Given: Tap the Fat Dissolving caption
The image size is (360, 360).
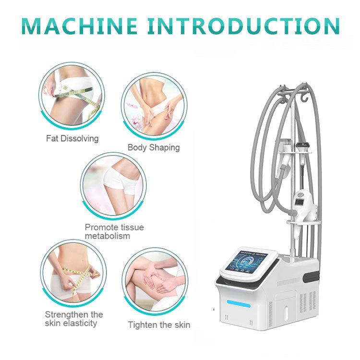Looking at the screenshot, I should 72,139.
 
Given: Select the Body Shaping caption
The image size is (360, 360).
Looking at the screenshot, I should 154,147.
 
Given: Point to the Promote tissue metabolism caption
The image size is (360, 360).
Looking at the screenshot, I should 114,231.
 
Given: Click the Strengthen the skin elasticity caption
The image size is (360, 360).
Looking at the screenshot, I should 74,319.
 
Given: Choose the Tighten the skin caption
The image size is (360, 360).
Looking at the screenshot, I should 159,325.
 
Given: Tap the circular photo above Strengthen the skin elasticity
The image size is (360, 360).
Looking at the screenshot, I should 72,274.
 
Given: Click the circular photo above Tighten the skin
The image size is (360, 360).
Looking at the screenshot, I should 154,281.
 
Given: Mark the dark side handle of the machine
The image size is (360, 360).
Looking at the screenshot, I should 314,276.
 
